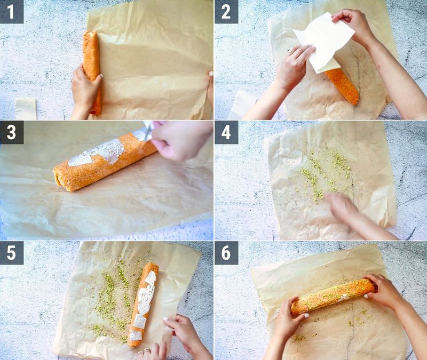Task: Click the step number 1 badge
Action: click(12, 12)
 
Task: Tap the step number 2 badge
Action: click(226, 12)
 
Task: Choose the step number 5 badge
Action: click(12, 253)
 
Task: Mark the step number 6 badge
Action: click(226, 253)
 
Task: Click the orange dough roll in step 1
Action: click(92, 59)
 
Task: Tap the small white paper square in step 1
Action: click(25, 108)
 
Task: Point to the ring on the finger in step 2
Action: click(291, 52)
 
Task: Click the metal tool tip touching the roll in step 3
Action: click(146, 131)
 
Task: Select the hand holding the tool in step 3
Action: click(179, 140)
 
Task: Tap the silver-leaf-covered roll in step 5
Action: click(143, 301)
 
